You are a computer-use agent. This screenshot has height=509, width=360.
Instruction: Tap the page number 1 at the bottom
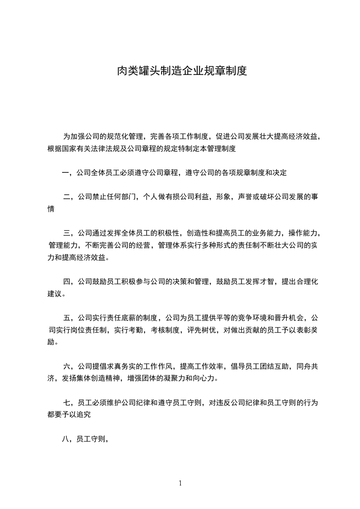pyautogui.click(x=180, y=483)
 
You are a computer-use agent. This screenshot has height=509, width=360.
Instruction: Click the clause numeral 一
pyautogui.click(x=66, y=172)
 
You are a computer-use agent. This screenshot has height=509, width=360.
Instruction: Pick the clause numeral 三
pyautogui.click(x=67, y=234)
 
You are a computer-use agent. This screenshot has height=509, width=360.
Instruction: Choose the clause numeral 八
pyautogui.click(x=66, y=439)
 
